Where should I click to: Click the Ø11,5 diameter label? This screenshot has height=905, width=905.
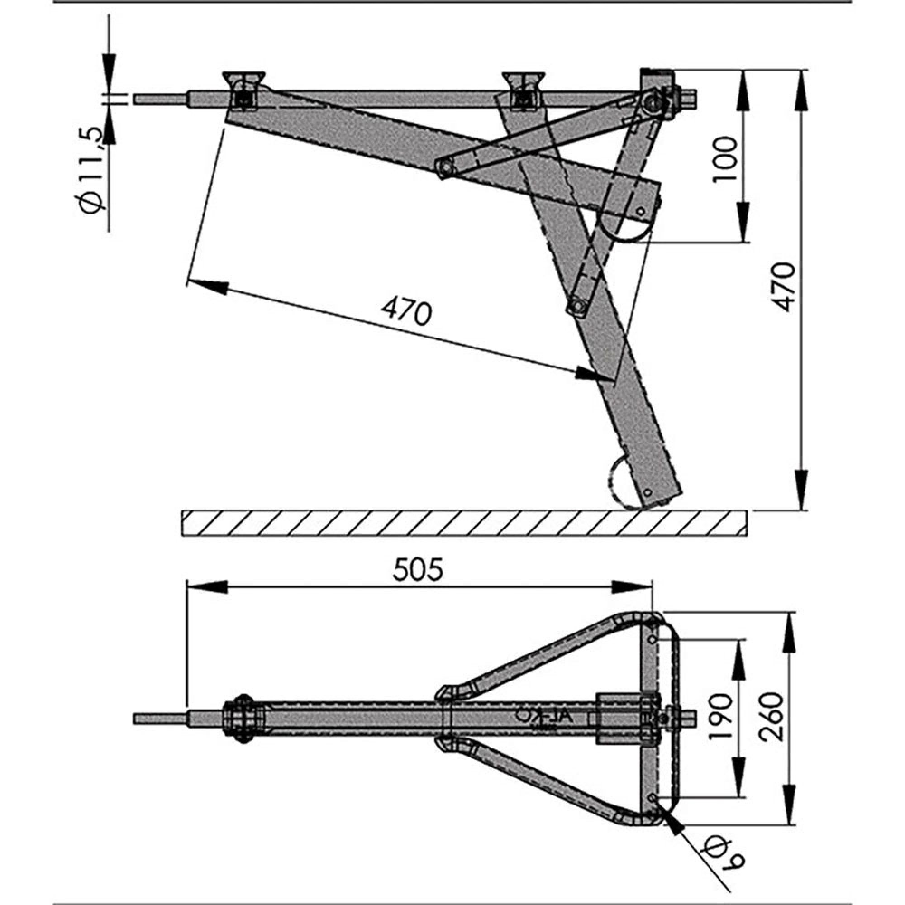tap(92, 170)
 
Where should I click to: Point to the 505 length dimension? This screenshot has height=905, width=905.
tap(417, 570)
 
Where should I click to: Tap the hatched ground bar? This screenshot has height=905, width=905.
tap(464, 522)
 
